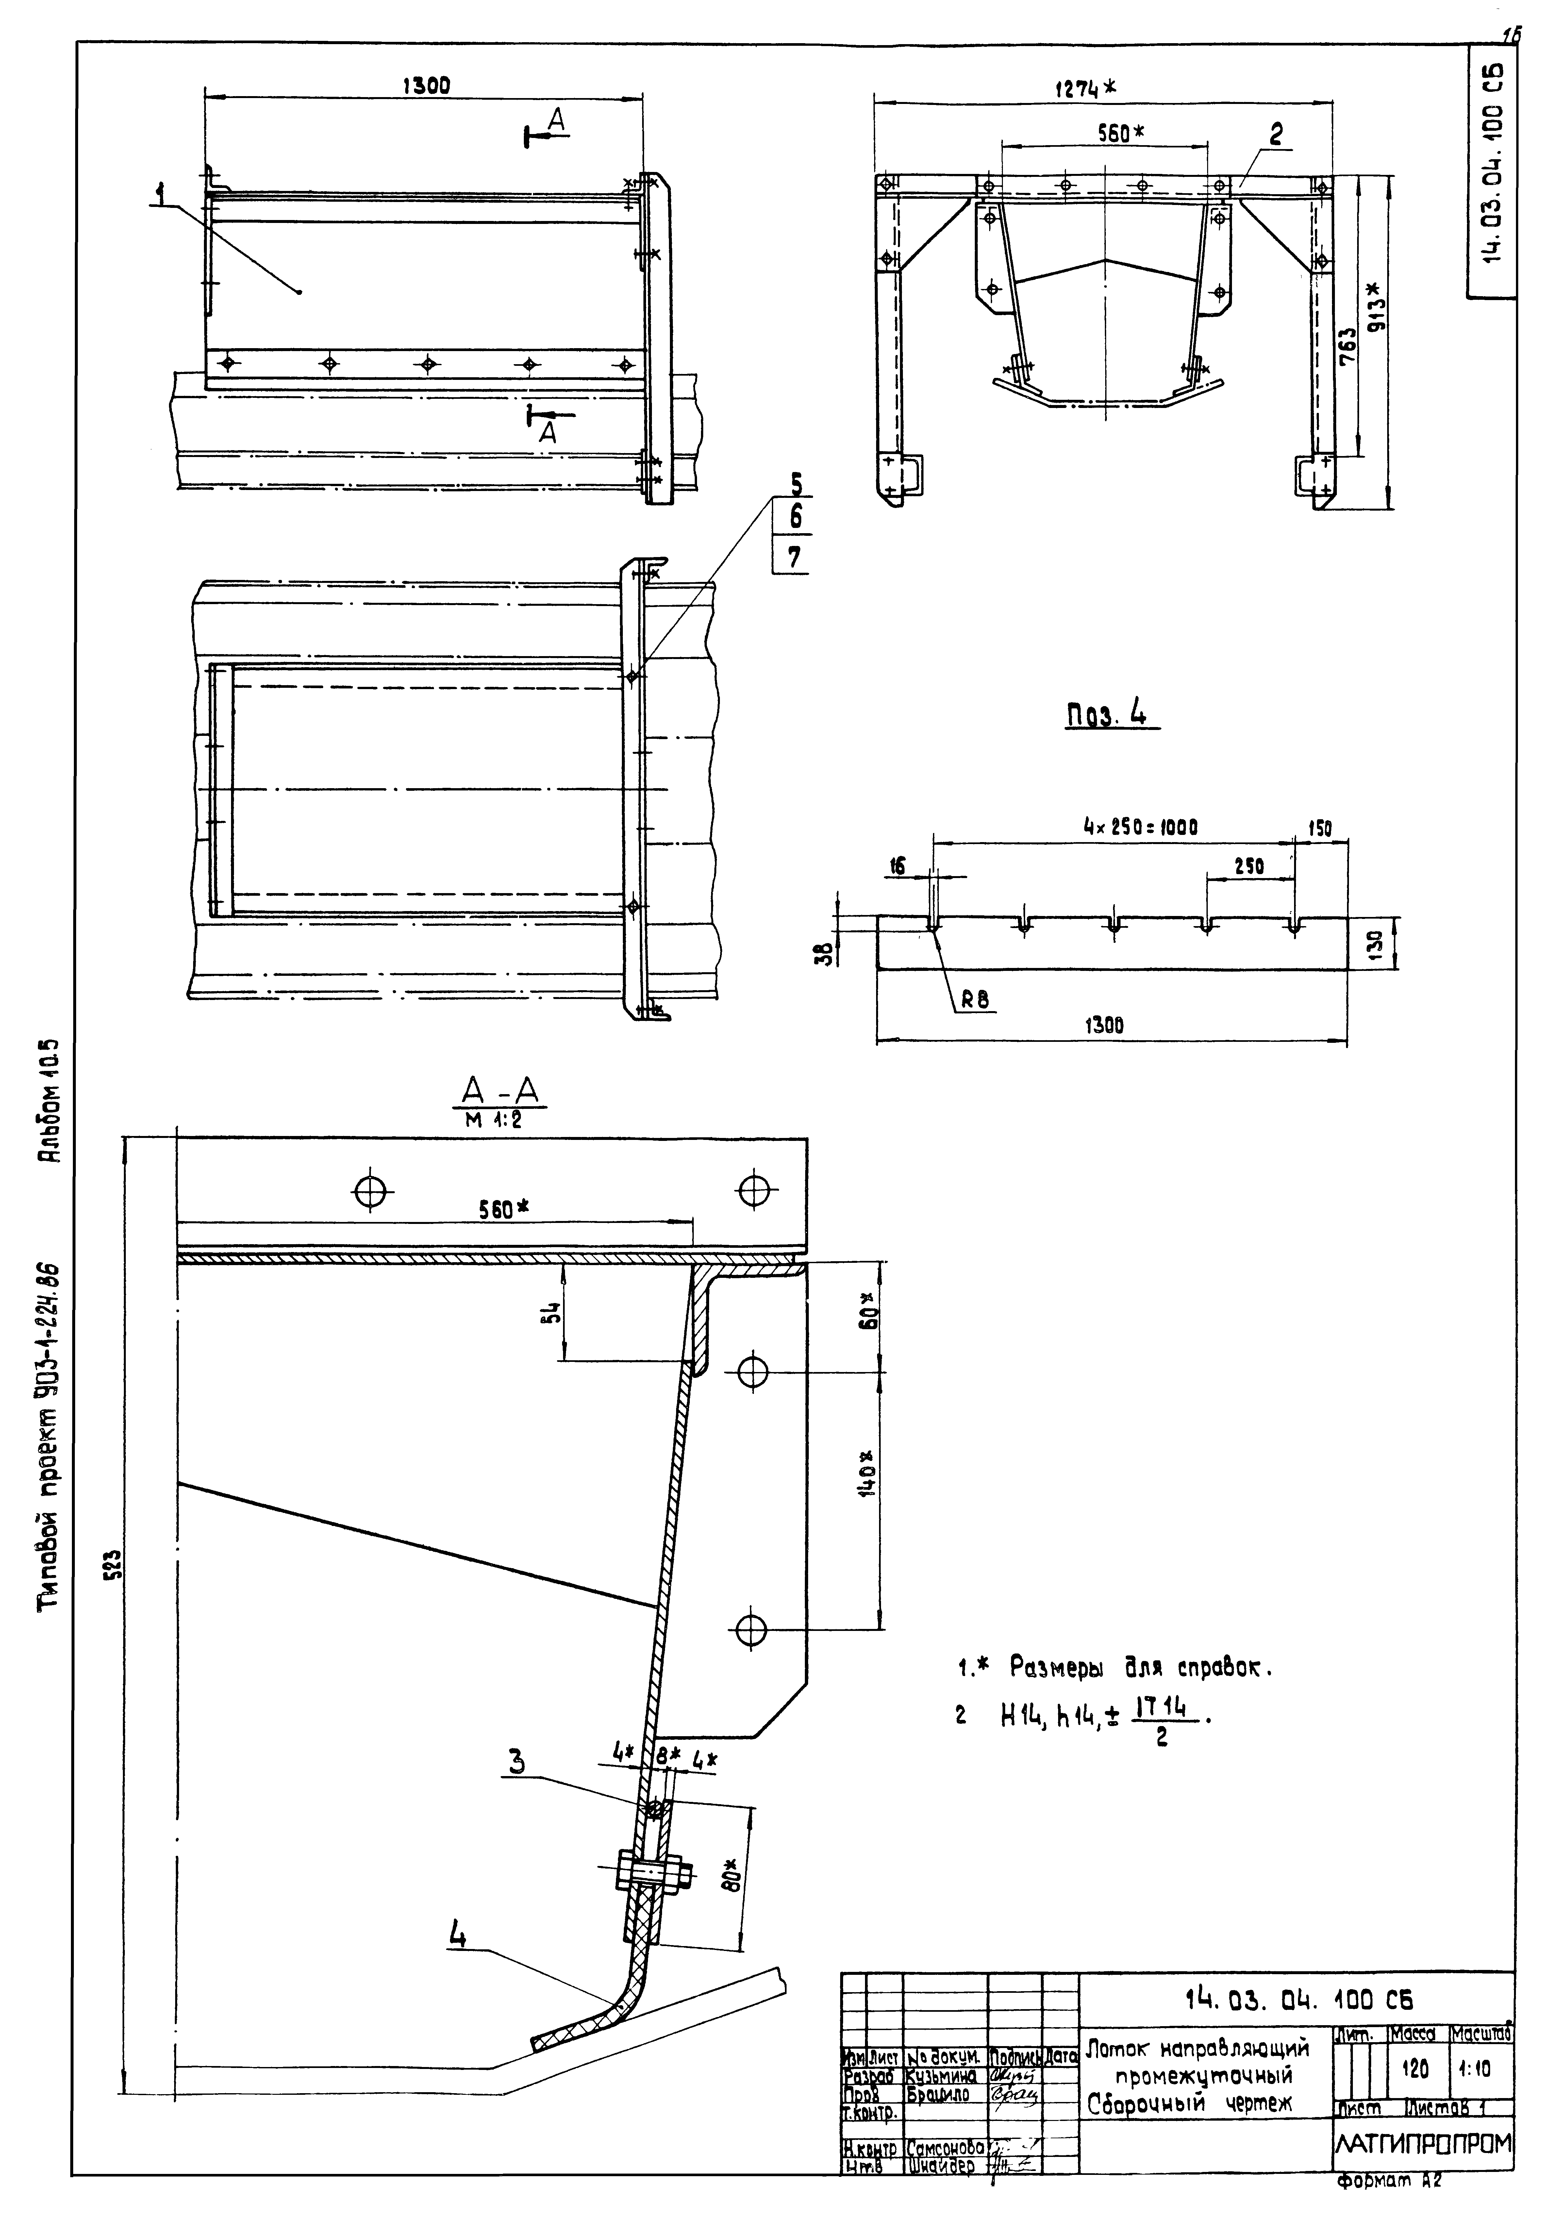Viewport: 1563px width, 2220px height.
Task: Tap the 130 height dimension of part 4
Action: click(1376, 943)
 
